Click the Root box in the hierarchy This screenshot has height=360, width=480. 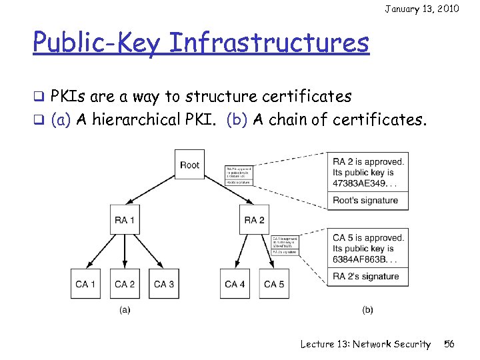[190, 165]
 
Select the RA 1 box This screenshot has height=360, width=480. [125, 219]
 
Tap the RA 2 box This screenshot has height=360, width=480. [255, 219]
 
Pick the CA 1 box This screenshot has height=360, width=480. [85, 284]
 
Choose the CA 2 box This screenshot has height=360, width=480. [125, 284]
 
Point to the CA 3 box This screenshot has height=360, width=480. [164, 284]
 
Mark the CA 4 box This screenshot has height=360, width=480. [235, 284]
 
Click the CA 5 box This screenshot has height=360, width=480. [274, 284]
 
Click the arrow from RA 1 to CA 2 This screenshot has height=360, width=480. [125, 251]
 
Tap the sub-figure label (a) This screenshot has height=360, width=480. [125, 309]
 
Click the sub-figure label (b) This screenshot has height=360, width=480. [367, 309]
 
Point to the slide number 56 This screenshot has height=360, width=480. [449, 344]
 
